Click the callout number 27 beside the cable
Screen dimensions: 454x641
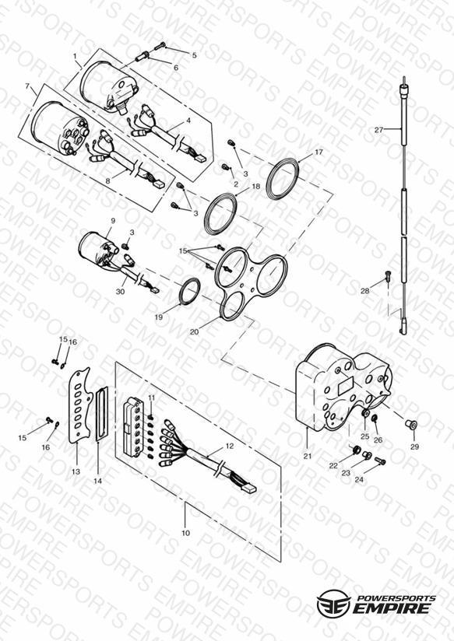(x=379, y=130)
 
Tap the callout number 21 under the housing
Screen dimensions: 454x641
(x=308, y=456)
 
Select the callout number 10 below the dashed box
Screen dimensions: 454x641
(x=186, y=533)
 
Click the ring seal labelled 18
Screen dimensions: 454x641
(x=220, y=214)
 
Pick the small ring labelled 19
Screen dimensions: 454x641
(x=188, y=291)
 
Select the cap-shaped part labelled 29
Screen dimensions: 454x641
(x=410, y=426)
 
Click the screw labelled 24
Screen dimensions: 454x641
(x=380, y=461)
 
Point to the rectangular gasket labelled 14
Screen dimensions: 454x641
(x=101, y=414)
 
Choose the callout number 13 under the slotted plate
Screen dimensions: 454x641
(x=76, y=471)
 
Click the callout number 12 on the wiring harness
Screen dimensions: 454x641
(x=230, y=446)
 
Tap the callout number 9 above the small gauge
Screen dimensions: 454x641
(x=113, y=220)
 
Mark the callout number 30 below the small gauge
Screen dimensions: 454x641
(x=120, y=292)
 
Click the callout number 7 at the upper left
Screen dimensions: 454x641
(x=27, y=86)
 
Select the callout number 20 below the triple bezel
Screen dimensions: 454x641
(x=194, y=331)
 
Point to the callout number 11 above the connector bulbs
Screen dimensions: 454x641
(x=152, y=398)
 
